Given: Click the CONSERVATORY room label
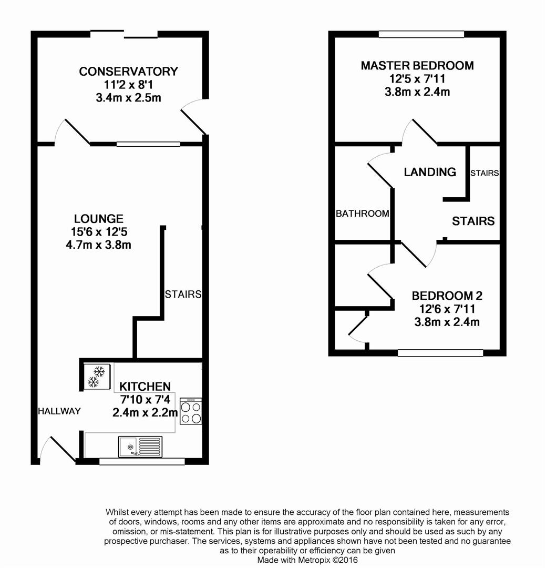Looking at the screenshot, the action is click(x=129, y=72).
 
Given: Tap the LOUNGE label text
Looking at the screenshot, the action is click(x=98, y=219).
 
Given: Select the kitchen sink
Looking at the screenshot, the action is click(x=140, y=447).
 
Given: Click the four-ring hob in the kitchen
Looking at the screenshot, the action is click(x=191, y=411).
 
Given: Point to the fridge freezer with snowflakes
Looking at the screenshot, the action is click(x=97, y=377).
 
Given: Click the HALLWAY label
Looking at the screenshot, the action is click(x=59, y=411).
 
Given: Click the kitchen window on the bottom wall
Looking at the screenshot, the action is click(x=142, y=462).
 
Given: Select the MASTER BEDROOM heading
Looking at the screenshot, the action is click(x=417, y=66).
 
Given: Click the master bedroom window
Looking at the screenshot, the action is click(x=421, y=34).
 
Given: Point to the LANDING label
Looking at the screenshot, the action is click(x=430, y=171).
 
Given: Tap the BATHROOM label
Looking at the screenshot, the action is click(x=363, y=214).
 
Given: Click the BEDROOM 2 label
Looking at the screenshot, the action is click(x=447, y=296).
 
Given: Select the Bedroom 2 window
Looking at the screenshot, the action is click(x=440, y=353).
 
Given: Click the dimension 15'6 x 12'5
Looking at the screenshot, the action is click(x=99, y=232).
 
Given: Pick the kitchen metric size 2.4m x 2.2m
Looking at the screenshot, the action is click(x=145, y=413).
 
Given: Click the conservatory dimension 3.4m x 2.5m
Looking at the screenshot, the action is click(x=129, y=98).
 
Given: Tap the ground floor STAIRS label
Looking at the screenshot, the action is click(x=183, y=294).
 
